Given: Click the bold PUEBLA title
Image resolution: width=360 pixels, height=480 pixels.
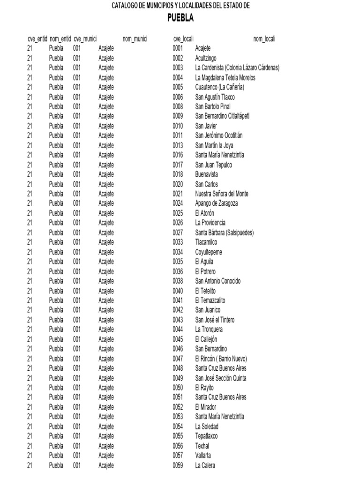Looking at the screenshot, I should tap(180, 18).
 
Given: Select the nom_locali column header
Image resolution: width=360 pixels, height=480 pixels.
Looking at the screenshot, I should tap(264, 39).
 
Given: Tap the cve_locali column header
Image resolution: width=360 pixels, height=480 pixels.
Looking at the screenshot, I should tap(183, 39).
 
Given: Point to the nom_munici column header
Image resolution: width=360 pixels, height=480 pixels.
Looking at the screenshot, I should tap(135, 39).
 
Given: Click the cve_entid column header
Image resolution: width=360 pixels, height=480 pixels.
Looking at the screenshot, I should tap(37, 39).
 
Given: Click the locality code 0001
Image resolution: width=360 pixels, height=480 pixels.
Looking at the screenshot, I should tap(178, 48).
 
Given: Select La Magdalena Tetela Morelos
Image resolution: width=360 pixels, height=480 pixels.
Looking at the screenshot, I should tap(225, 78).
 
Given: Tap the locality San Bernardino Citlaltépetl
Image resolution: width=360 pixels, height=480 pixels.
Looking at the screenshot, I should tap(226, 116).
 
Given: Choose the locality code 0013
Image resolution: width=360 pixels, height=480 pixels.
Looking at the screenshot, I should tap(178, 145).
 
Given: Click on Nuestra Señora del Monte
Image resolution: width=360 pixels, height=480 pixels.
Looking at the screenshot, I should tap(222, 194).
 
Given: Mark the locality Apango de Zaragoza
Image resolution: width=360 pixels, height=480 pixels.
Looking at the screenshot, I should tap(217, 203).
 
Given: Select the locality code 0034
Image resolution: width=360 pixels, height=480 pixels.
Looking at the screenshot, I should tap(178, 252).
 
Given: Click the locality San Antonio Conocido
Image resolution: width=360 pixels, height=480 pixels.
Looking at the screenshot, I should tap(218, 281).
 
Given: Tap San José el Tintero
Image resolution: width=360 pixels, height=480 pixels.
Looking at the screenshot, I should tap(215, 320).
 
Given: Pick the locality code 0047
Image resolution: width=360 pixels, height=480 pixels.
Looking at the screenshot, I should tap(178, 359).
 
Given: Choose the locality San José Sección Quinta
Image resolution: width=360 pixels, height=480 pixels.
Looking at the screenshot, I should tap(221, 378).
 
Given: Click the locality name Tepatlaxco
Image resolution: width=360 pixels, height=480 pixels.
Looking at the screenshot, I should tap(207, 436).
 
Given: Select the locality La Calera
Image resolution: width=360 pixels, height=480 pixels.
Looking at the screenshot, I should tap(205, 465).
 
